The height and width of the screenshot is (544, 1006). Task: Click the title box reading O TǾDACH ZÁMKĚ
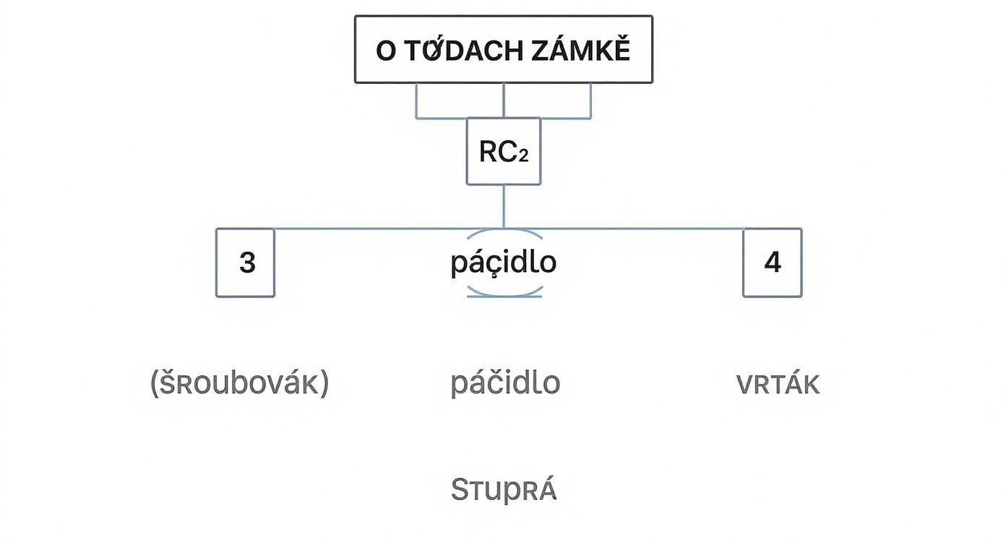[503, 49]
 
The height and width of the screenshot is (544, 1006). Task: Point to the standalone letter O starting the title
[386, 51]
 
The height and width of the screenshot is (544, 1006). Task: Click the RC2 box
[503, 152]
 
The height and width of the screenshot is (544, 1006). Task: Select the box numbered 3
[245, 263]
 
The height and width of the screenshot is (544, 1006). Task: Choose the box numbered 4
[772, 263]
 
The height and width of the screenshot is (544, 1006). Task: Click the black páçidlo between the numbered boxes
[503, 263]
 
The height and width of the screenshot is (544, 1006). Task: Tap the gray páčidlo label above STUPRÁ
[505, 383]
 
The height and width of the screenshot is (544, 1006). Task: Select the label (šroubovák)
[239, 383]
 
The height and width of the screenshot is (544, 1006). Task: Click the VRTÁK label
[778, 385]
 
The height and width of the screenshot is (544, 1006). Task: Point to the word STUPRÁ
[504, 490]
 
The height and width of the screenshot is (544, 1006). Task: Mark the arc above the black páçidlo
[504, 233]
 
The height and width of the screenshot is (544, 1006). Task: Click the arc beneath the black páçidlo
[504, 293]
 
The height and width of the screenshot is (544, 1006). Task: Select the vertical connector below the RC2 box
[503, 206]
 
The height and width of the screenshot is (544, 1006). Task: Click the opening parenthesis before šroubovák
[154, 383]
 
